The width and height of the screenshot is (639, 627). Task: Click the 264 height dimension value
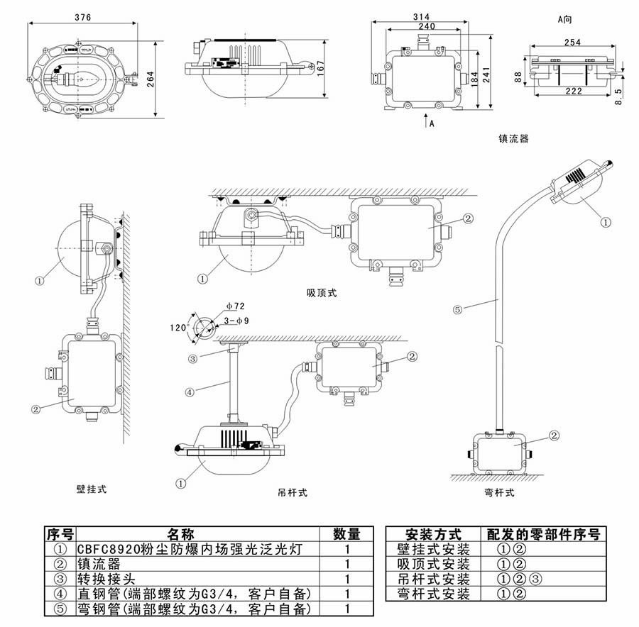pyautogui.click(x=150, y=79)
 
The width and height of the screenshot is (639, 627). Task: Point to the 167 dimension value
pyautogui.click(x=320, y=68)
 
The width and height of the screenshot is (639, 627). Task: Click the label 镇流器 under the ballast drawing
pyautogui.click(x=513, y=139)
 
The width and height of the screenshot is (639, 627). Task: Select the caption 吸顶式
pyautogui.click(x=321, y=293)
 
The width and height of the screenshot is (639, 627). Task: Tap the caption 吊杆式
pyautogui.click(x=292, y=492)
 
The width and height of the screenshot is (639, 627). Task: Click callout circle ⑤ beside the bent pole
pyautogui.click(x=458, y=309)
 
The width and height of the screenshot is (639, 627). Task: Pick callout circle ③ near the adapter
pyautogui.click(x=192, y=359)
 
